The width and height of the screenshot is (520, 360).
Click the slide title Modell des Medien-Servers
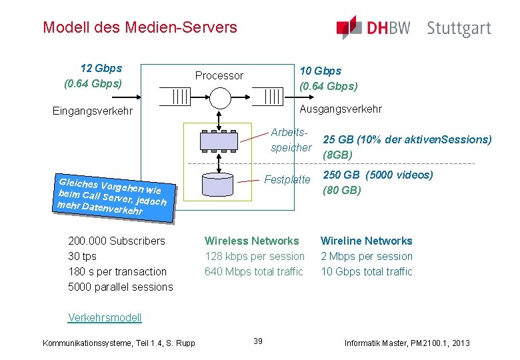(x=139, y=27)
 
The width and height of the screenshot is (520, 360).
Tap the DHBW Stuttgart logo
(x=413, y=28)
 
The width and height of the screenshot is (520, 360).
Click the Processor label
(x=219, y=75)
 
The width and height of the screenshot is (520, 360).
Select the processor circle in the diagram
(x=219, y=97)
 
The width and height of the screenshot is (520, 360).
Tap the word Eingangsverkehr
(x=93, y=111)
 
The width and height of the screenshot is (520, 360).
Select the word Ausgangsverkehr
(x=341, y=109)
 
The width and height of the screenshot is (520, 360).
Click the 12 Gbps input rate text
(x=101, y=68)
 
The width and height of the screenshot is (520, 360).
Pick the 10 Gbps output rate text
(x=321, y=71)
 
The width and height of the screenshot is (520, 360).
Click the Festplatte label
(x=287, y=179)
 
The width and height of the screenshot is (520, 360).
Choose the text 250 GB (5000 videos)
(x=378, y=175)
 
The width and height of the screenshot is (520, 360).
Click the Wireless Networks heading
(x=252, y=241)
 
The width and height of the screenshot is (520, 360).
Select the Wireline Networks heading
(x=367, y=241)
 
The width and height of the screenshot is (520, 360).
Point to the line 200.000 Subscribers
(x=117, y=241)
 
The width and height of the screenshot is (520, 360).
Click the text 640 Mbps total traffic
(x=254, y=271)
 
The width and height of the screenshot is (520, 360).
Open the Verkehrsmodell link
(x=105, y=317)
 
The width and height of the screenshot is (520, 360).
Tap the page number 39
(x=258, y=341)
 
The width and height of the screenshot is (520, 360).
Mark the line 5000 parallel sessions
(x=121, y=287)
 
